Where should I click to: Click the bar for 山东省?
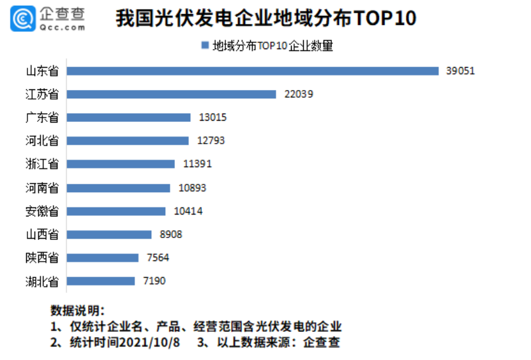tap(252, 71)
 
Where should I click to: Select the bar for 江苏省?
tap(171, 94)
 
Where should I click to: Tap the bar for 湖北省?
tap(100, 281)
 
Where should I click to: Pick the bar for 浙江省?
tap(120, 164)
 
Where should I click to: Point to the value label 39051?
tap(460, 71)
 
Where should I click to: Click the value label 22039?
tap(299, 94)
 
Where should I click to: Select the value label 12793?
tap(210, 140)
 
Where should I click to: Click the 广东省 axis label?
tap(43, 117)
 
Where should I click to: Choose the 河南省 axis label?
tap(43, 188)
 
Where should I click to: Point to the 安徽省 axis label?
tap(43, 211)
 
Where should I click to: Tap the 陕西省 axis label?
tap(43, 258)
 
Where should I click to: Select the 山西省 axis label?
tap(43, 234)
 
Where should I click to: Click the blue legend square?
tap(205, 45)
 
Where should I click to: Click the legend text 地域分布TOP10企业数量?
tap(273, 46)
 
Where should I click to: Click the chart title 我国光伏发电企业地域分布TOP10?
tap(265, 19)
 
